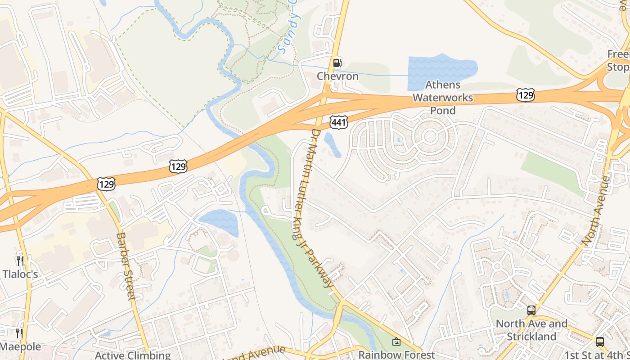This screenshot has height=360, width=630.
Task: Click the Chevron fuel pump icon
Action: [337, 63]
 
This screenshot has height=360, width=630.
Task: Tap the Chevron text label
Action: [337, 76]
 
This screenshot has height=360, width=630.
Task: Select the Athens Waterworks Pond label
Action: [443, 98]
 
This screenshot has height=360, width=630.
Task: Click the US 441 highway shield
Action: [338, 121]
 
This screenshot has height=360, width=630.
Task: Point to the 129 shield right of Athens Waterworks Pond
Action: [525, 95]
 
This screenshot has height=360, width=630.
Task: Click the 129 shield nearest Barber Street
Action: [106, 184]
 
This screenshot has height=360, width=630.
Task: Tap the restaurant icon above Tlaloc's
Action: [19, 261]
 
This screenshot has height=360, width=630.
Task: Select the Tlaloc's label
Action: [20, 274]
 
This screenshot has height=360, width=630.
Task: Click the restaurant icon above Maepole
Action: [19, 333]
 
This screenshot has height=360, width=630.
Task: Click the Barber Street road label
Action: [126, 266]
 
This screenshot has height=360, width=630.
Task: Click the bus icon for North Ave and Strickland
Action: [531, 310]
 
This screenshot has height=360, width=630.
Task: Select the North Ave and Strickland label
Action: [531, 330]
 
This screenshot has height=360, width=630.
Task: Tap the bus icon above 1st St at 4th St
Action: [600, 342]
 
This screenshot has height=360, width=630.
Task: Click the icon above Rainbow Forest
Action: [396, 342]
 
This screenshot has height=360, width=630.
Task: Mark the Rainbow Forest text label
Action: [396, 355]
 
